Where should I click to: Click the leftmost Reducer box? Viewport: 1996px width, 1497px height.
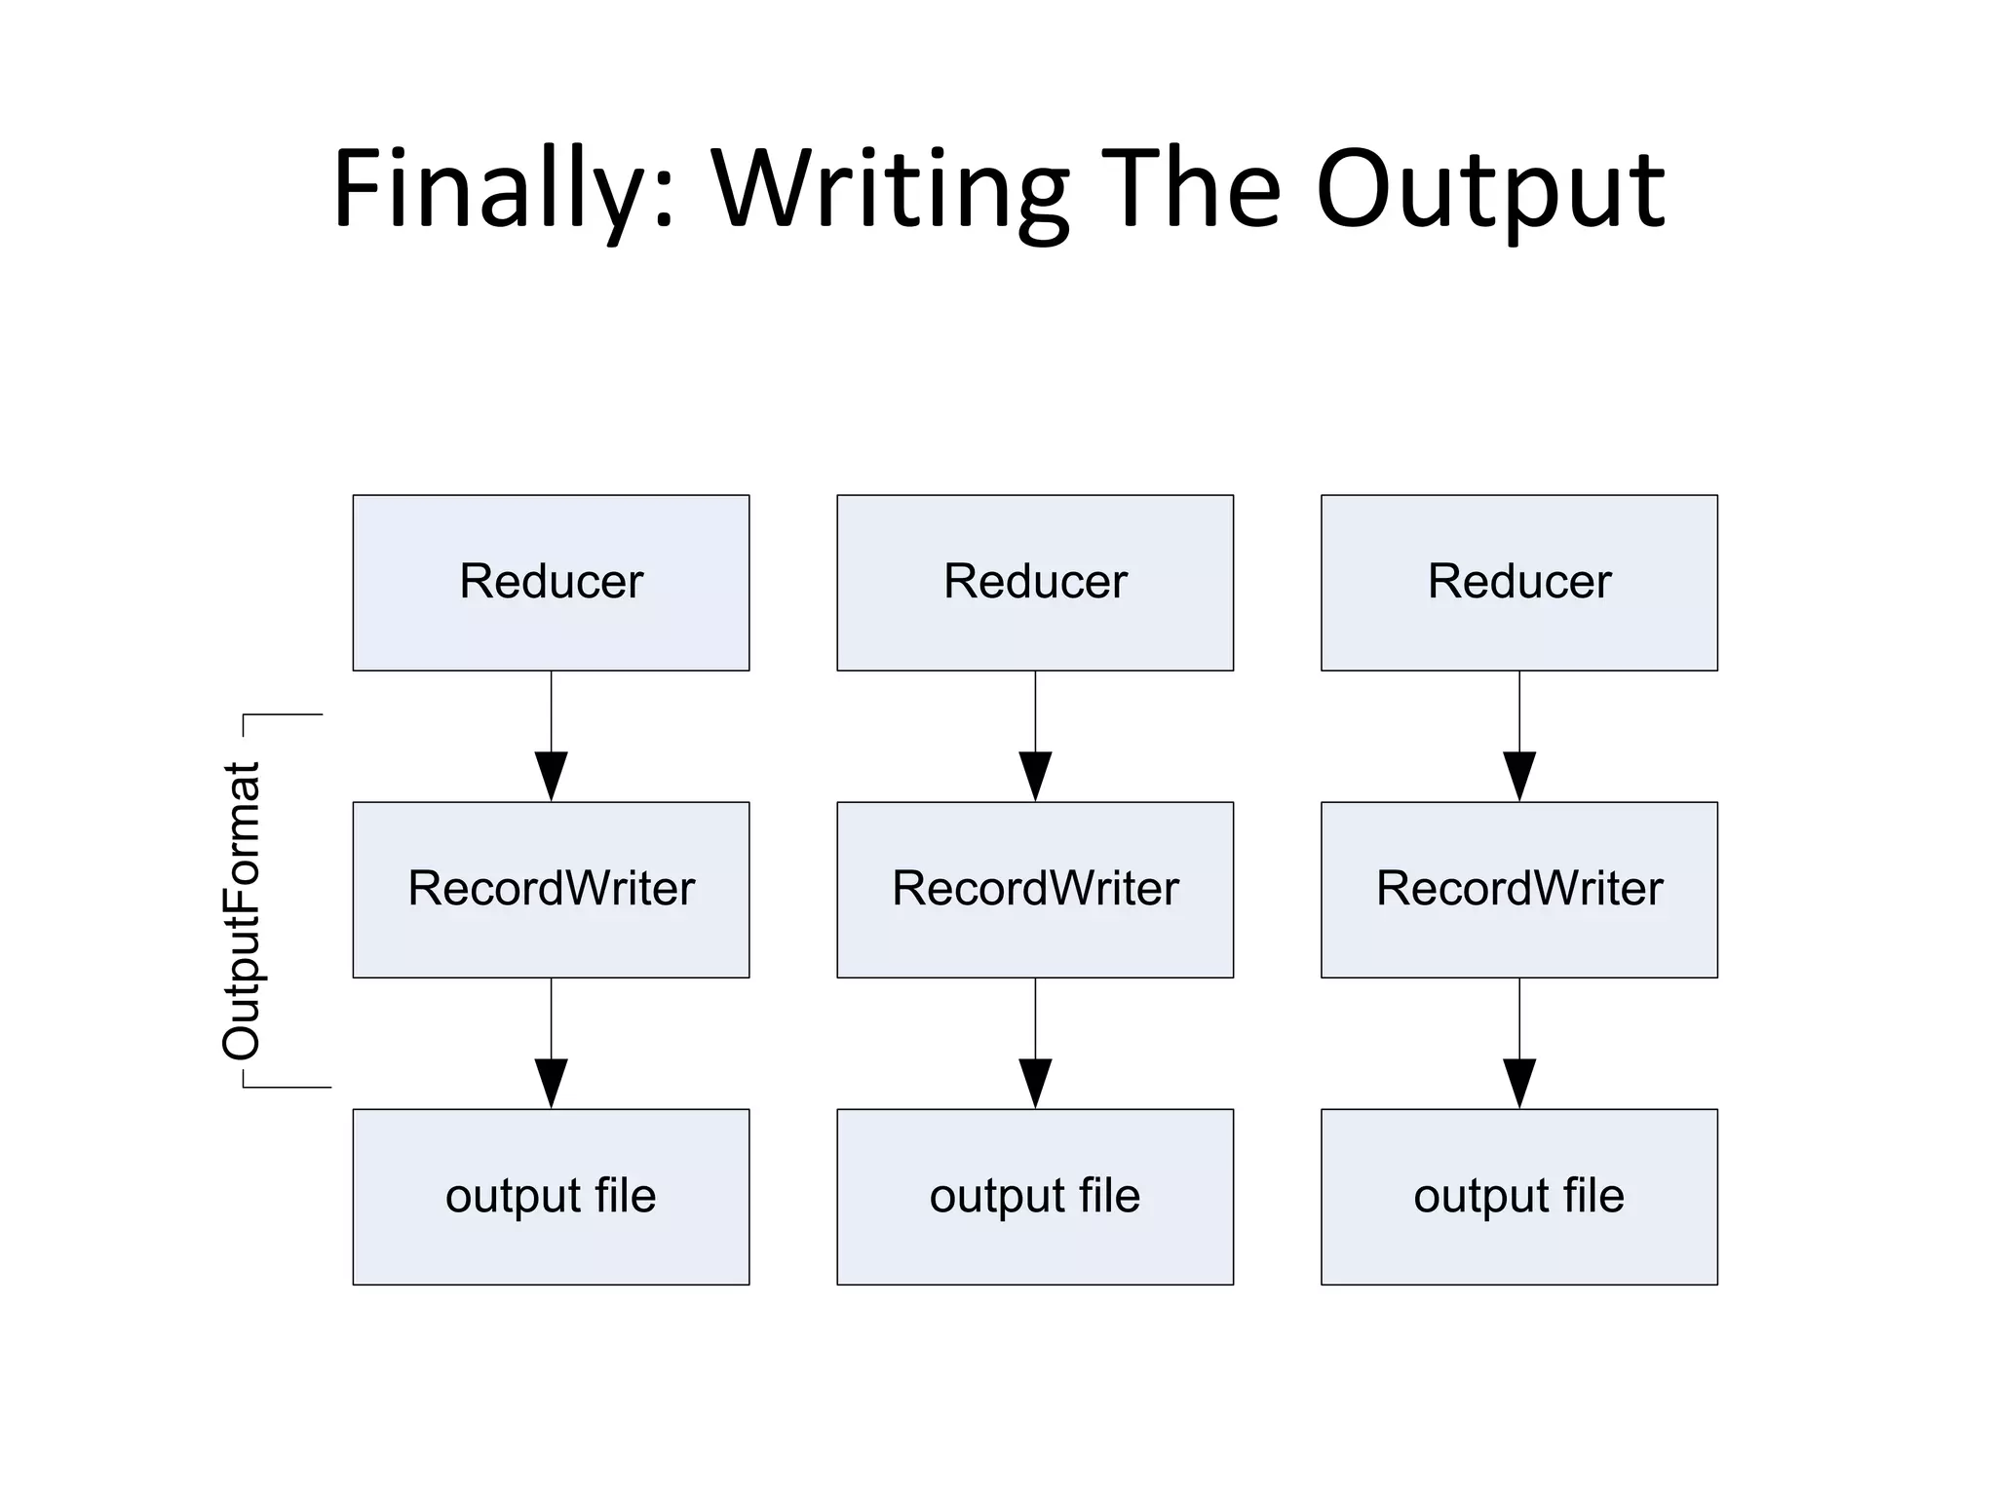551,582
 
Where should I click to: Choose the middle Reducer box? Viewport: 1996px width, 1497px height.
1035,582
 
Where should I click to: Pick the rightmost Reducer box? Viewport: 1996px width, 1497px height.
1518,582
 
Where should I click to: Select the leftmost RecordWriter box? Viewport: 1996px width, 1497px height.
551,889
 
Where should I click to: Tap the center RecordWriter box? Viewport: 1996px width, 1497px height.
1035,889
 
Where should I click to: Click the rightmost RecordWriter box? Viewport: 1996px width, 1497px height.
1518,889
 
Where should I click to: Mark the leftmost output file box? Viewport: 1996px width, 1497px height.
551,1196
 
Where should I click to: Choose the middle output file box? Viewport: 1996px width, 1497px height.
1035,1196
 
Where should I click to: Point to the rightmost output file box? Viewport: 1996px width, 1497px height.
1518,1196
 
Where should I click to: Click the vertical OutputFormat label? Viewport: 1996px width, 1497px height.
242,910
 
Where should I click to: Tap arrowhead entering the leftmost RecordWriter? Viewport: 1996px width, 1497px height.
551,775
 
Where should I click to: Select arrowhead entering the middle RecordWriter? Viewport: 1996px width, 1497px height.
1035,775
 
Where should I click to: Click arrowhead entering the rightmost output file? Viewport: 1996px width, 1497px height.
1518,1082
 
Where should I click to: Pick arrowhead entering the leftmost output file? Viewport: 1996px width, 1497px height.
551,1082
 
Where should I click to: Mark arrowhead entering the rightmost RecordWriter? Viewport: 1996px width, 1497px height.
1518,775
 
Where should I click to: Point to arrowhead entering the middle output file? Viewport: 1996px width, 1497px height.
1035,1082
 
